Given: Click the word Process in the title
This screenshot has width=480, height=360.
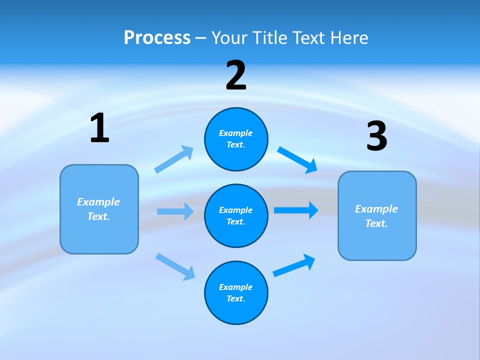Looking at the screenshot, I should (157, 38).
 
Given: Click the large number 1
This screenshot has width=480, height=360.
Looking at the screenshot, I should (99, 129).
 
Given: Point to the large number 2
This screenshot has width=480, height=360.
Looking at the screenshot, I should (236, 76).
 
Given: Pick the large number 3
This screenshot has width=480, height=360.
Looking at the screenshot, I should (376, 137).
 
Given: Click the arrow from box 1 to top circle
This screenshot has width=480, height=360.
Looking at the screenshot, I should (173, 159).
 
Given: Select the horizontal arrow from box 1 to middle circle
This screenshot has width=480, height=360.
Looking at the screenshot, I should (175, 211).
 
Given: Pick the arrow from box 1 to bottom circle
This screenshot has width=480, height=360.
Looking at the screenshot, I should (175, 266).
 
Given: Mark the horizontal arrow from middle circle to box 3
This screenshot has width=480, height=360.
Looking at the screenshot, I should (296, 210).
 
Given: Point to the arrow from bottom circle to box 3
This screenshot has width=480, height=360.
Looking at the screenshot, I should (294, 265).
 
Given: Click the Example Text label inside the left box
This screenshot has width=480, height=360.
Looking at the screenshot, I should (98, 209).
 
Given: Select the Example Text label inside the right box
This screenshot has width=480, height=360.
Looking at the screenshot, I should (376, 216).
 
